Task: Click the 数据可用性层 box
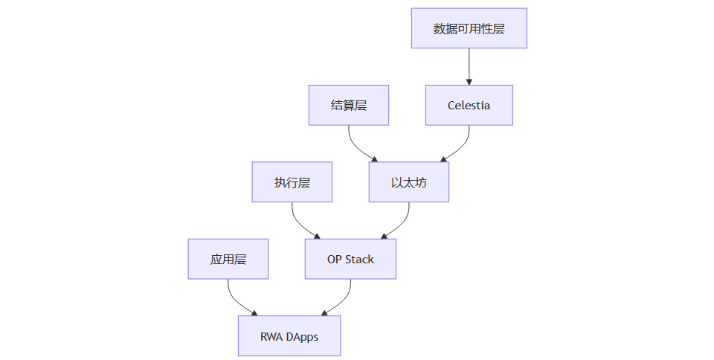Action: (x=469, y=28)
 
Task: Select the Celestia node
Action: (x=469, y=105)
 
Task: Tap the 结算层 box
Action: (x=348, y=105)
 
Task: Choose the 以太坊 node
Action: (x=408, y=182)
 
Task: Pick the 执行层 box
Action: (x=292, y=182)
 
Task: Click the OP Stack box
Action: (x=350, y=259)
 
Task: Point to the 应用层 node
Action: (x=228, y=259)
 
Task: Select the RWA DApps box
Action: (x=289, y=336)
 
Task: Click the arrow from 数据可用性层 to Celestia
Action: (x=469, y=67)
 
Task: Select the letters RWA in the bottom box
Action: (x=270, y=336)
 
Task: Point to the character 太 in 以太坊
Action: (x=408, y=182)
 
